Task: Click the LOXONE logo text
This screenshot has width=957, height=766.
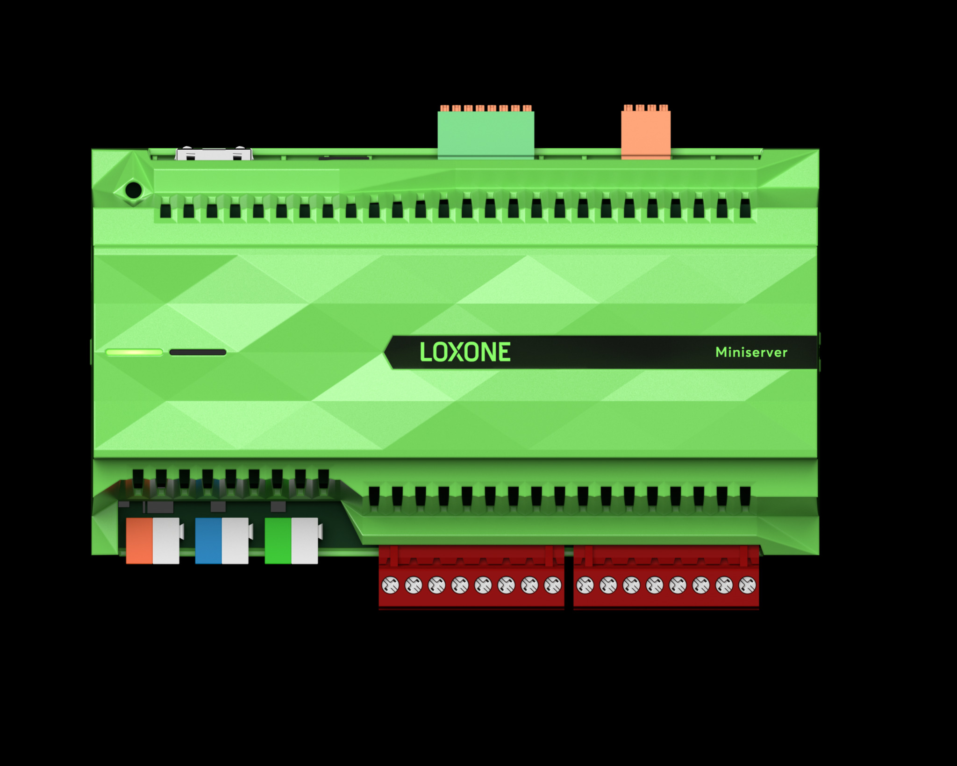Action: (x=465, y=352)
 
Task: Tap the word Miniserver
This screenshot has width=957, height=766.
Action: (x=751, y=352)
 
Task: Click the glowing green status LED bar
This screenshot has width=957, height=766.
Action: (x=134, y=352)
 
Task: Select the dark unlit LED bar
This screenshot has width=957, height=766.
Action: (x=198, y=352)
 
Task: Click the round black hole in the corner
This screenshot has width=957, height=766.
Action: (x=134, y=190)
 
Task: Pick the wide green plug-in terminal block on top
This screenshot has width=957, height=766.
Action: (x=486, y=133)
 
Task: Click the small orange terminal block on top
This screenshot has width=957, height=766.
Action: (x=646, y=133)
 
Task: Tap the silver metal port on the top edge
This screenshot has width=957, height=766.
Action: (x=214, y=154)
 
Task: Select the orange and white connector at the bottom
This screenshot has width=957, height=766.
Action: (x=153, y=541)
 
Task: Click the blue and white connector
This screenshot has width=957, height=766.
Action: (x=222, y=541)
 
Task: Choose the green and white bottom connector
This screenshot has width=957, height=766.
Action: (x=292, y=541)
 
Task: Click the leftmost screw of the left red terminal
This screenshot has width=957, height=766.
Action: (x=390, y=585)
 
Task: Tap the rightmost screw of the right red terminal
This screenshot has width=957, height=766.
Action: (x=747, y=585)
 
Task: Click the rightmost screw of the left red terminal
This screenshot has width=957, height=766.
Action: (x=553, y=585)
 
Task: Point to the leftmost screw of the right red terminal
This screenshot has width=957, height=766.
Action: (x=585, y=585)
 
